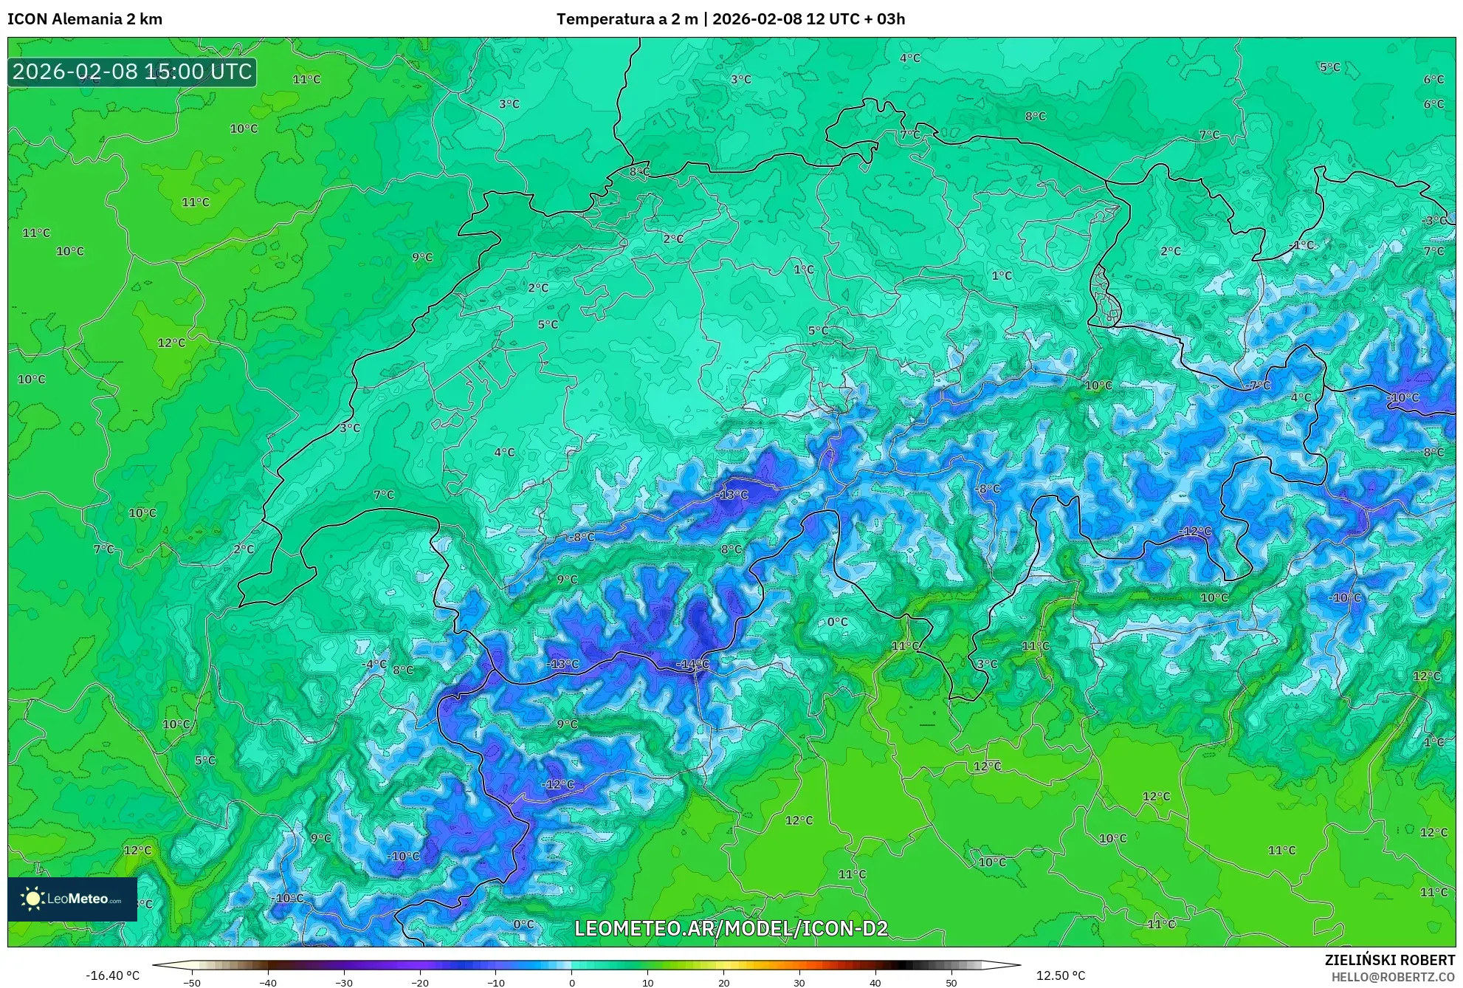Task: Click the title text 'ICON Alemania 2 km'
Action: click(85, 19)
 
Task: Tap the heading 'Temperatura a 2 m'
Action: click(627, 19)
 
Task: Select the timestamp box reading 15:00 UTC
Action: click(132, 72)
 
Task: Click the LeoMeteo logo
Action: click(72, 899)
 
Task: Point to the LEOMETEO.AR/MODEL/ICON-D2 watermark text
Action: click(731, 928)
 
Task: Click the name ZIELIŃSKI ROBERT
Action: click(1389, 960)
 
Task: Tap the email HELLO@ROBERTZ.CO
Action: click(1393, 977)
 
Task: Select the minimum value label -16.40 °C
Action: click(112, 975)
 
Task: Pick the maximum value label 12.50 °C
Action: click(1061, 975)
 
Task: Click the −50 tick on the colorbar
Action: click(191, 983)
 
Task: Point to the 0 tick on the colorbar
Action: click(571, 983)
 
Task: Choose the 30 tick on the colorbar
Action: click(799, 983)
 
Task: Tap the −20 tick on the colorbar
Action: click(419, 983)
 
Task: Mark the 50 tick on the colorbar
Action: click(951, 983)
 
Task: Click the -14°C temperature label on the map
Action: click(692, 665)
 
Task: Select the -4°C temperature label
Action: click(374, 664)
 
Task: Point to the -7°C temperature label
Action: click(1259, 385)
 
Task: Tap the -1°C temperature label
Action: click(1301, 244)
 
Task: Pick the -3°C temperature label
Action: click(1435, 221)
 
